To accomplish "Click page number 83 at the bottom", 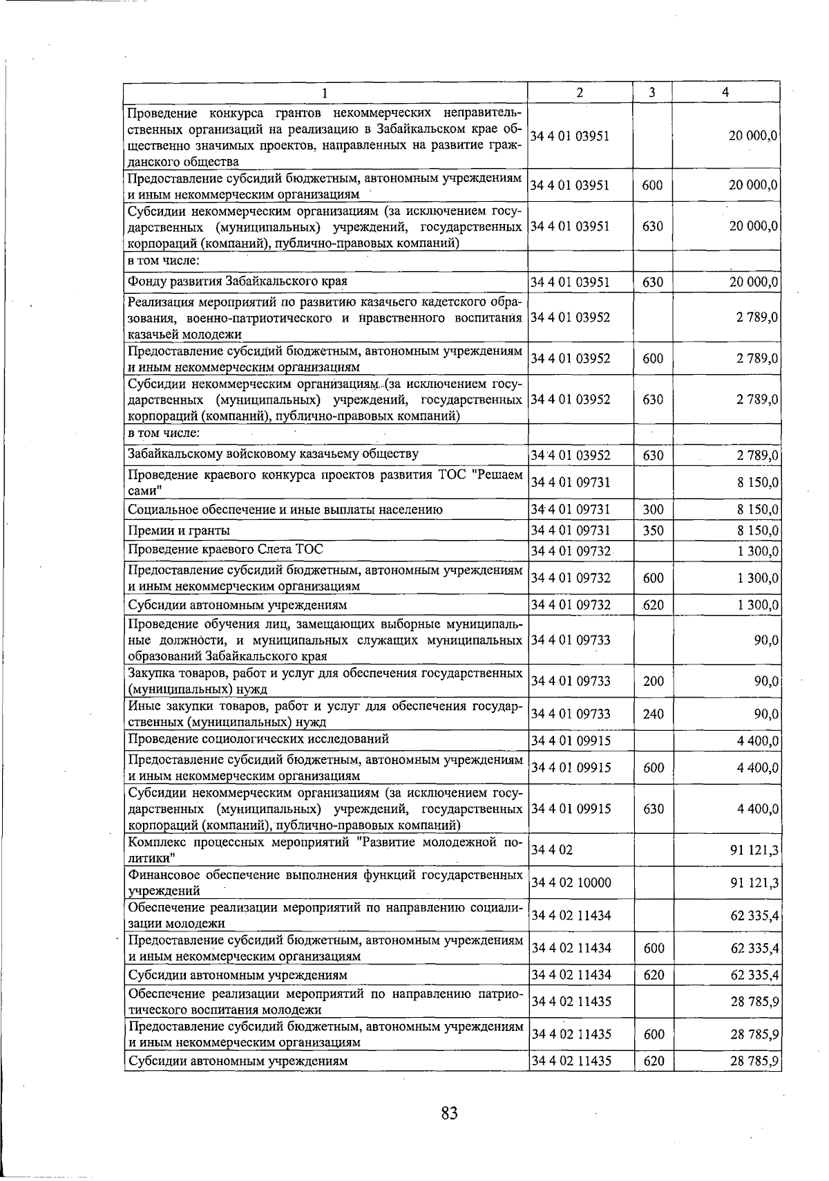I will tap(449, 1113).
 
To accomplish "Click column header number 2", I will tap(580, 93).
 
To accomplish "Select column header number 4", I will tap(725, 93).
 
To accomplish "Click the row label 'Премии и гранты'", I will tap(179, 530).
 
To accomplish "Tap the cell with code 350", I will tap(653, 530).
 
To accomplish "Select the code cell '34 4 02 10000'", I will tap(571, 883).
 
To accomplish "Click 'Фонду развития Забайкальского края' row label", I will tap(238, 281).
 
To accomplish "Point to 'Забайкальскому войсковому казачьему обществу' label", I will tap(273, 454).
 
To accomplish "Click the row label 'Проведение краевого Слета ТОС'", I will tap(225, 550).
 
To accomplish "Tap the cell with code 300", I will tap(653, 510).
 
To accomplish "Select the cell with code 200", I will tap(653, 681).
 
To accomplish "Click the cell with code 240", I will tap(653, 714).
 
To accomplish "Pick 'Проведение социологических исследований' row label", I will tap(258, 739).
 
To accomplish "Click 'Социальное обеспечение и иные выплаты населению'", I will tap(285, 510).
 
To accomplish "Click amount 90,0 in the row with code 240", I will tap(766, 714).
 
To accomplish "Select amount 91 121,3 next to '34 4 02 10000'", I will tap(754, 883).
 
